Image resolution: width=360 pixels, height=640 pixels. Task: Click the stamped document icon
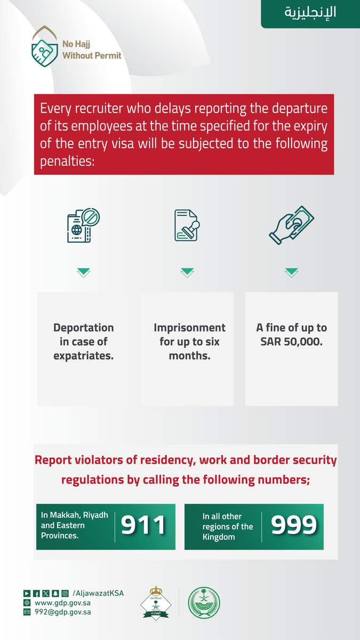[187, 225]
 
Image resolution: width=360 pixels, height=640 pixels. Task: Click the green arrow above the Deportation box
[83, 273]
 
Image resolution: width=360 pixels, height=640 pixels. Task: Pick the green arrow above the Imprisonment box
[187, 273]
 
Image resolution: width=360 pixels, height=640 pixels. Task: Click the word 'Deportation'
[83, 327]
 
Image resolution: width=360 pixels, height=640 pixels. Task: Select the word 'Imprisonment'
[189, 327]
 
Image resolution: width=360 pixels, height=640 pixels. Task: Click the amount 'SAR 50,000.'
[291, 341]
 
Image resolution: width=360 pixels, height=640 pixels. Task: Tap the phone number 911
[143, 525]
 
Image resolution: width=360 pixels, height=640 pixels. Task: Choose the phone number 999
[294, 525]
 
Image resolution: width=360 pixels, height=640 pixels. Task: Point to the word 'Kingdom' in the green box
[219, 537]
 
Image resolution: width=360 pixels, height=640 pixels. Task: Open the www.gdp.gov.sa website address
[62, 603]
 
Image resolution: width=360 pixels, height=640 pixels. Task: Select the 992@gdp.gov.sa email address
[62, 612]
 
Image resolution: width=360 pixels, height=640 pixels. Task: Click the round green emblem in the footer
[204, 603]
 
